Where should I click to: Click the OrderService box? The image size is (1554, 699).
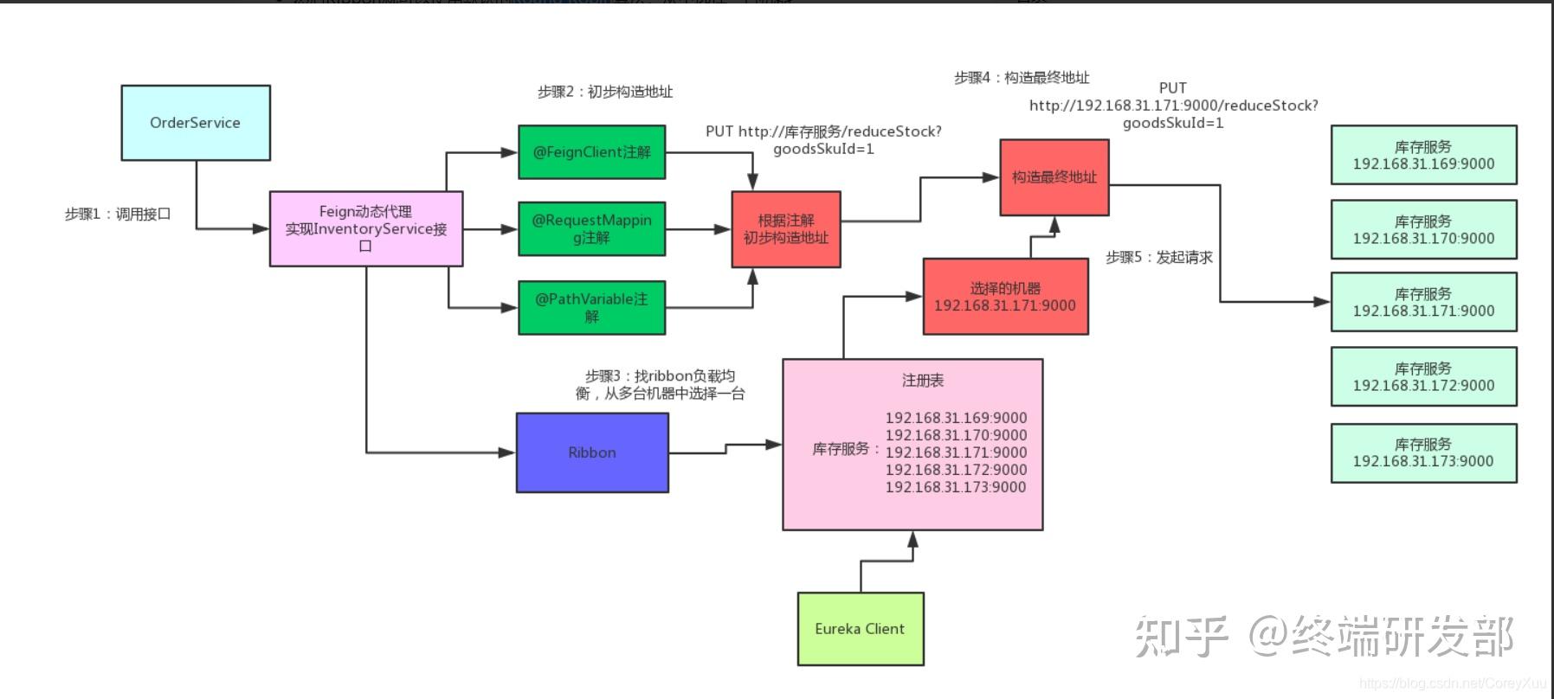196,123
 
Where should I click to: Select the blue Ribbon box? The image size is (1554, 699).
592,452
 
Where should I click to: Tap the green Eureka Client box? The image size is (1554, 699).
860,629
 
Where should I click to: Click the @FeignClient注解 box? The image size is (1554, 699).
592,152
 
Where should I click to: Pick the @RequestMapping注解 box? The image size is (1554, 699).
592,229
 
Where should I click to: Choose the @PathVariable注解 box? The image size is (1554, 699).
592,307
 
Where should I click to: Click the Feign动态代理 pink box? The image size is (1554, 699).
366,228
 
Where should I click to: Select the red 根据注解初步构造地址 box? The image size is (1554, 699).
786,229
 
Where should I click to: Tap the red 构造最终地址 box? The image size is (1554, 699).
1054,177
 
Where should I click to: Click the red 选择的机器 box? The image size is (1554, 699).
1005,296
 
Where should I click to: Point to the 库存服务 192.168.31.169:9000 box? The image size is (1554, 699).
1423,155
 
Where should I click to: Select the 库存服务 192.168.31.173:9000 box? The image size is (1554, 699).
1423,452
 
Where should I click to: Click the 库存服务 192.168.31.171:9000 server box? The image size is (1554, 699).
1423,302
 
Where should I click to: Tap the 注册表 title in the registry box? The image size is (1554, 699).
923,381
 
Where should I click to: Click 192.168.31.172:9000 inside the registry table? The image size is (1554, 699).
956,470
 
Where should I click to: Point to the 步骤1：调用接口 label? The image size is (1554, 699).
118,214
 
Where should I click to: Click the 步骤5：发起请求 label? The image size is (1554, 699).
1159,257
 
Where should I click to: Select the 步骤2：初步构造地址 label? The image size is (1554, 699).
604,92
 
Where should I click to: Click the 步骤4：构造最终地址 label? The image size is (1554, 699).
1022,78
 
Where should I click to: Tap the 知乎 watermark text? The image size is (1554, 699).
1181,637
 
